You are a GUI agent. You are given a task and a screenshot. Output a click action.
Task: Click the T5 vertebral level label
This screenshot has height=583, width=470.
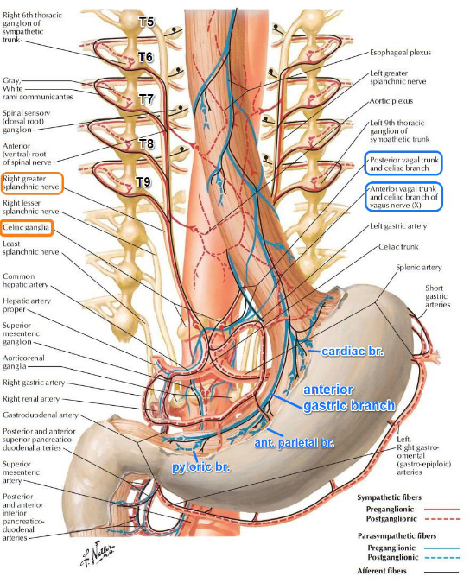click(147, 22)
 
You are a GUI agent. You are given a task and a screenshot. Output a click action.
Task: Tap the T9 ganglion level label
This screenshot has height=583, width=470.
click(143, 182)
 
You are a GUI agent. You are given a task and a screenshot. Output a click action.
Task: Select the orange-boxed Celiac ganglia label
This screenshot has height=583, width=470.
click(27, 227)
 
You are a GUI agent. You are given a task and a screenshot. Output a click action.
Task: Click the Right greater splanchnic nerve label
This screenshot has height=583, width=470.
click(32, 182)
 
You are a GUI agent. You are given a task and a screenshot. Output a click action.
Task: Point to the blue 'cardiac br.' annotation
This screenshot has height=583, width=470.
click(352, 351)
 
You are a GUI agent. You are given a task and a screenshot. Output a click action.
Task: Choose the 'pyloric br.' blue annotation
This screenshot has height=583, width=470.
click(200, 466)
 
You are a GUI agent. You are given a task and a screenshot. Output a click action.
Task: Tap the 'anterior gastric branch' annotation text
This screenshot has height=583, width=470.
click(349, 397)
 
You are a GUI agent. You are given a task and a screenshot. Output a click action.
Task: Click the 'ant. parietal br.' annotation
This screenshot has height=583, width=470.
click(294, 443)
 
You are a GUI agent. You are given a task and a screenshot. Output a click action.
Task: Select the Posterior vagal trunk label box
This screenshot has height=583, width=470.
click(403, 163)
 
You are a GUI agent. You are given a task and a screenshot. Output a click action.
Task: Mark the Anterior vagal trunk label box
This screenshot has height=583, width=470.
click(403, 197)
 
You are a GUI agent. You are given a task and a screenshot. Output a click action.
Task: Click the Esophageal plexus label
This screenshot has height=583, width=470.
click(401, 53)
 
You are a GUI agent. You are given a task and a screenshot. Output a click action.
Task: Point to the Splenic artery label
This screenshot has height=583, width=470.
click(419, 268)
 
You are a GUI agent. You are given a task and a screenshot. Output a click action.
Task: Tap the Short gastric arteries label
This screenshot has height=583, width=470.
click(438, 296)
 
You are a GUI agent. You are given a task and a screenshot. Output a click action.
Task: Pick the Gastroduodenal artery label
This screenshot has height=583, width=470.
click(41, 415)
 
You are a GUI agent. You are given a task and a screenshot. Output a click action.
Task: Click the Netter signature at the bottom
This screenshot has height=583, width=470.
click(98, 554)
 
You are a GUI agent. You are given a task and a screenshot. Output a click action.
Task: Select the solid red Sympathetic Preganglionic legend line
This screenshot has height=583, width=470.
click(441, 509)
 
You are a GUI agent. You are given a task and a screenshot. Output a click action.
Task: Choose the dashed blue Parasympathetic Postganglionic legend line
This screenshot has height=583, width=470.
click(441, 557)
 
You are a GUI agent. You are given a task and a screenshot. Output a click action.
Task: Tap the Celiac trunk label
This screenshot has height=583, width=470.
click(398, 246)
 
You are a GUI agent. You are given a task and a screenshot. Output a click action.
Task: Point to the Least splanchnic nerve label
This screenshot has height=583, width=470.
click(30, 248)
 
